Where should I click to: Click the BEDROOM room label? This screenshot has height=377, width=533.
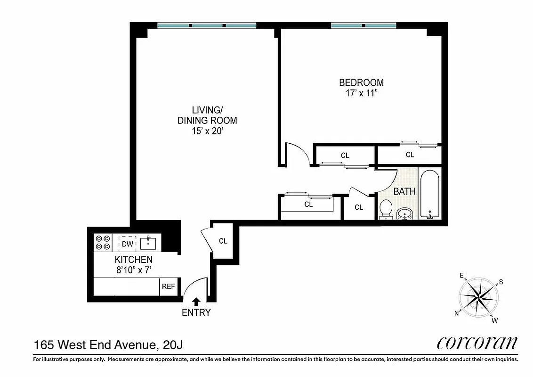[361, 82]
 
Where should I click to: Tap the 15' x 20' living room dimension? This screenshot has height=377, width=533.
[207, 131]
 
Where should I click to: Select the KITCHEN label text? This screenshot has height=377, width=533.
[134, 260]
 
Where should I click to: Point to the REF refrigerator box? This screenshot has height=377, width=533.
[169, 287]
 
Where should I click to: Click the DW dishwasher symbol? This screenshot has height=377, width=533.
[127, 244]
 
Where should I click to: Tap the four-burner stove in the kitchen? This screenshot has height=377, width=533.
[103, 242]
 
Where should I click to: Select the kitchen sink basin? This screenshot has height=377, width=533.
[148, 243]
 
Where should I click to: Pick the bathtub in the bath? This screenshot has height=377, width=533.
[429, 194]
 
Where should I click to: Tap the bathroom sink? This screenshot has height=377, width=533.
[404, 214]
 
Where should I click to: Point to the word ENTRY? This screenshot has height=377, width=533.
[196, 312]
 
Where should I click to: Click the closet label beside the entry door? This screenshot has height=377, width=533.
[223, 241]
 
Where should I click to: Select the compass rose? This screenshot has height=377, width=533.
[478, 296]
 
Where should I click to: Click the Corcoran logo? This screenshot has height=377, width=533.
[477, 342]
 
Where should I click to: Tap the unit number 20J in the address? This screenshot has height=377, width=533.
[172, 345]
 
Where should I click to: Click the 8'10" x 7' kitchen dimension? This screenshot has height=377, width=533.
[134, 270]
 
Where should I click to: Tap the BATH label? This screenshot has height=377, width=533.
[404, 192]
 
